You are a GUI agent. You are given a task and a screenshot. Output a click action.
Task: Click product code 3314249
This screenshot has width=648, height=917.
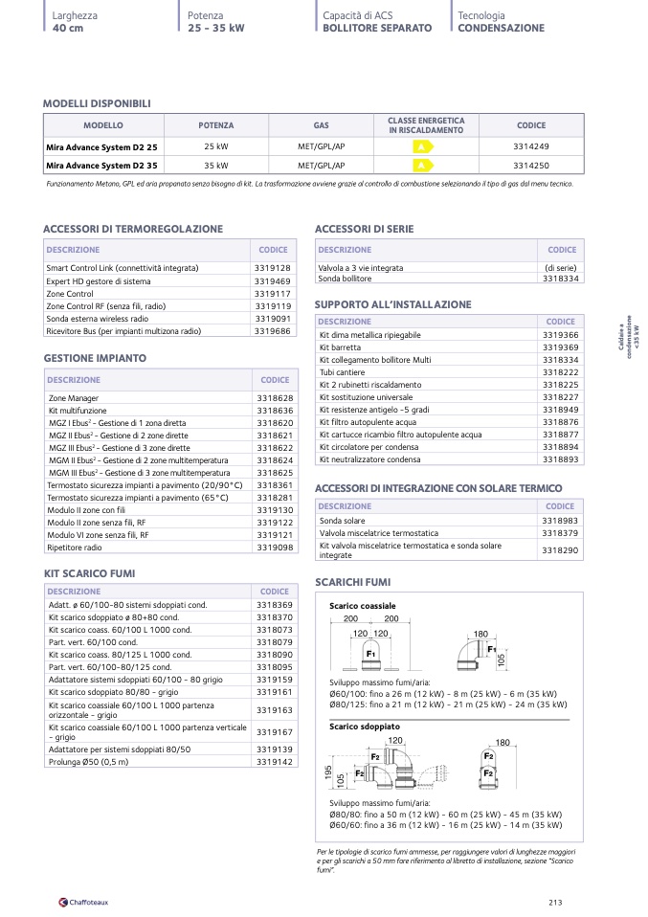pyautogui.click(x=531, y=146)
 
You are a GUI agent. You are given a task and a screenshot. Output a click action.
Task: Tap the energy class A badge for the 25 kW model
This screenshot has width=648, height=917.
pyautogui.click(x=421, y=146)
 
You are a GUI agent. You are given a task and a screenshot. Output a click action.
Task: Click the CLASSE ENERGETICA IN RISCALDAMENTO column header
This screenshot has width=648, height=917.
pyautogui.click(x=426, y=125)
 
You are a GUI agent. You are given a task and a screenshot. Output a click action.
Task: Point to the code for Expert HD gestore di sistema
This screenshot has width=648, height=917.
pyautogui.click(x=273, y=280)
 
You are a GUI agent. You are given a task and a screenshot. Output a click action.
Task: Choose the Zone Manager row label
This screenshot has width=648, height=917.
pyautogui.click(x=74, y=397)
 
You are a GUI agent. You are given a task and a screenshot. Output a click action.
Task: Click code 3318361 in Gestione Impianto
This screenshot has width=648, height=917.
pyautogui.click(x=275, y=484)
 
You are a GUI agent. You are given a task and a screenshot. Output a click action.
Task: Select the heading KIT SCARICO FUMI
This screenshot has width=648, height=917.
pyautogui.click(x=89, y=572)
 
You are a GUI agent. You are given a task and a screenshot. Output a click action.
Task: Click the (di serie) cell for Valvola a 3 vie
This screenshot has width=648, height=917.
pyautogui.click(x=560, y=268)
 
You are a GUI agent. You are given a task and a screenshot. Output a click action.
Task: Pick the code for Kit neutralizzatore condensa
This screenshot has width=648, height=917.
pyautogui.click(x=560, y=458)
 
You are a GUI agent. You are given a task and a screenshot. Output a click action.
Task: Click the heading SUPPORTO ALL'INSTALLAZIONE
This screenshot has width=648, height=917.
pyautogui.click(x=392, y=304)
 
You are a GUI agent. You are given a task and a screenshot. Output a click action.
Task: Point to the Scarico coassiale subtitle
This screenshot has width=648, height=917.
pyautogui.click(x=362, y=606)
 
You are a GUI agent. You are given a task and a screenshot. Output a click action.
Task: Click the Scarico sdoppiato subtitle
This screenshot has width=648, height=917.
pyautogui.click(x=364, y=727)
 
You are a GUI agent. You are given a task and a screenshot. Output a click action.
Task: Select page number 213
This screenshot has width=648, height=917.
pyautogui.click(x=555, y=901)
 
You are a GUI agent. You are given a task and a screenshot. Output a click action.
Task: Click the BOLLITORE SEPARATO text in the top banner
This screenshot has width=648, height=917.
pyautogui.click(x=377, y=29)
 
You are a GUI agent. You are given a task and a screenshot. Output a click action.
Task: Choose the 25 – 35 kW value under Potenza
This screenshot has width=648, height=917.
pyautogui.click(x=216, y=29)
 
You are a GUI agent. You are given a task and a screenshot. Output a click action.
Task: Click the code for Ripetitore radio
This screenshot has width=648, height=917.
pyautogui.click(x=275, y=547)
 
